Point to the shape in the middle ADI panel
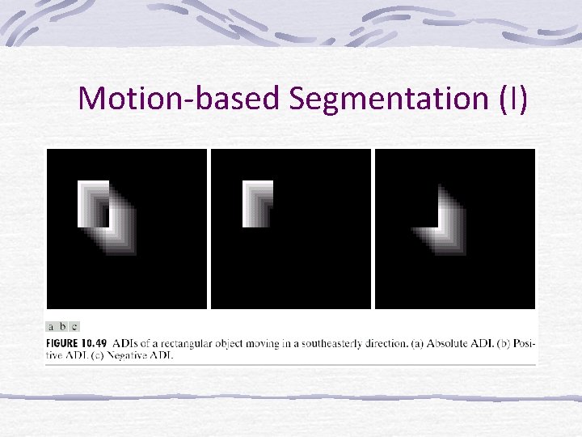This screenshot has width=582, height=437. [258, 203]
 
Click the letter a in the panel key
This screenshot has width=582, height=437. [52, 327]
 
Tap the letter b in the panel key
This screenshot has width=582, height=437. [63, 327]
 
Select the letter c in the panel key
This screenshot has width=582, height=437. [74, 327]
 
